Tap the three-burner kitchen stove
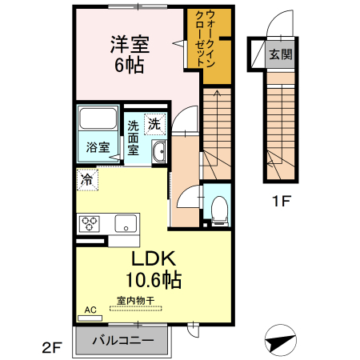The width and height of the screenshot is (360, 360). pos(90,223)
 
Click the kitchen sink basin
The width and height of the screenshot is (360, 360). pos(126,223)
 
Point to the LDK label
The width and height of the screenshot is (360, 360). pos(152,259)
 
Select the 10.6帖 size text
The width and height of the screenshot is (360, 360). pos(152,279)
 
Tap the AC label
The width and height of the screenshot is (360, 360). pos(90,309)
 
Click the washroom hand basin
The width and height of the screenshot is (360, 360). pos(159,151)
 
